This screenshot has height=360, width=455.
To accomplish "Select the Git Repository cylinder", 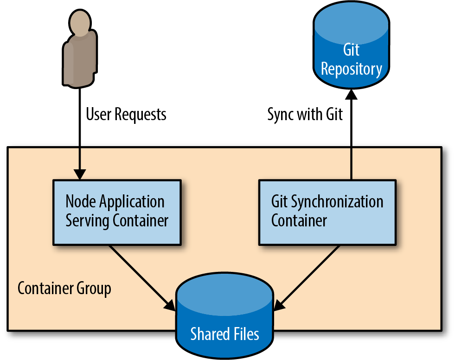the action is pos(351,45).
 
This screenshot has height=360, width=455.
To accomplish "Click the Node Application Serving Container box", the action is pos(117,212).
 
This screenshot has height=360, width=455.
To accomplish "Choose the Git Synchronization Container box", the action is pos(327,212).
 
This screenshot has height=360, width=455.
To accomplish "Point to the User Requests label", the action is pos(126,115).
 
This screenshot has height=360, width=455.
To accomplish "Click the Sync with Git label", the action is pos(305,115).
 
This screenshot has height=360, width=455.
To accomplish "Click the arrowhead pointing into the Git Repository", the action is pos(351,94).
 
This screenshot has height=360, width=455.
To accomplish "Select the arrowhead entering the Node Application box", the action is pos(79,174).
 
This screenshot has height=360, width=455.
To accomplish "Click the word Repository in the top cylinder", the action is pos(352,70).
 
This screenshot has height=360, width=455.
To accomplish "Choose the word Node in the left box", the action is pos(81,201).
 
